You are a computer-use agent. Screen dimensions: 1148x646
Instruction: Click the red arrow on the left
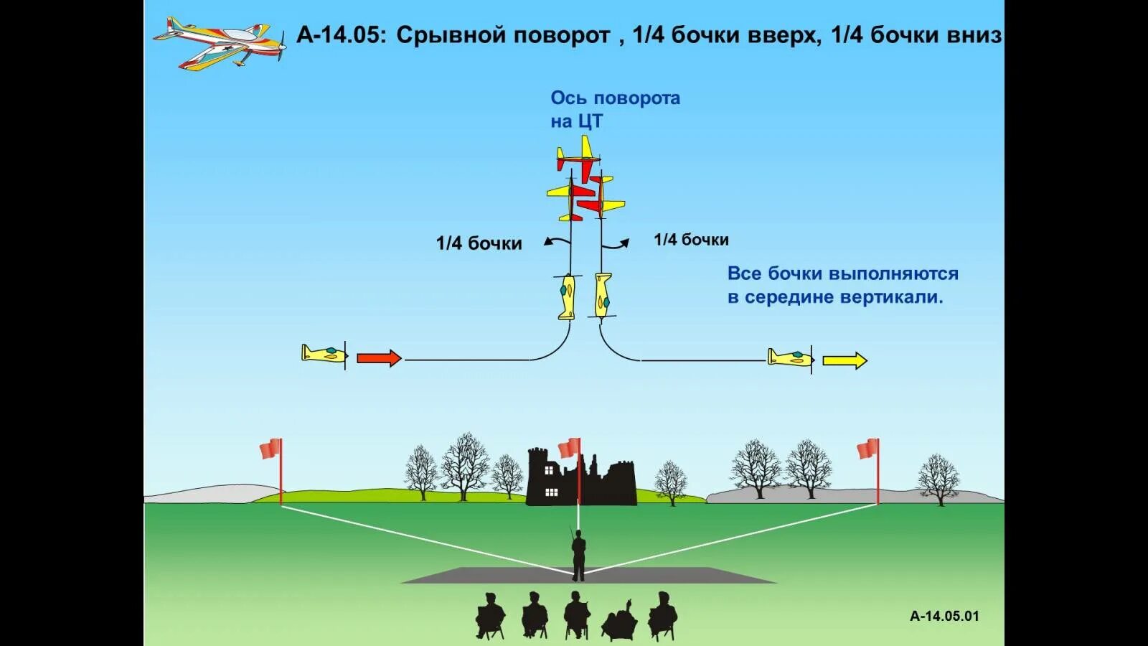(x=379, y=358)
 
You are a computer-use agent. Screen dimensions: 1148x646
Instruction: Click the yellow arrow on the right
(x=844, y=360)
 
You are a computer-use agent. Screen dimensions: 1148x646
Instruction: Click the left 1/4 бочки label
(x=479, y=243)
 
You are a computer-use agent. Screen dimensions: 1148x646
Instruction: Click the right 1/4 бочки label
(x=691, y=240)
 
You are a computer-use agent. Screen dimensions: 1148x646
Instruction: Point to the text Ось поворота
(x=615, y=98)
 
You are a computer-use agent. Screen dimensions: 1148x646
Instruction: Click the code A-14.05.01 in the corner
(x=944, y=616)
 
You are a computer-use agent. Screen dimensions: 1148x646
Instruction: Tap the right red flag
(x=868, y=449)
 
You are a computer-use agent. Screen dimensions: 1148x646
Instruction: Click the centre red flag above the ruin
(x=569, y=448)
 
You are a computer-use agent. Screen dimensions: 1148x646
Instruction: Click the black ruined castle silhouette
(x=581, y=477)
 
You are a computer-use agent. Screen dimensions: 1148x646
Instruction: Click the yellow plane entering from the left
(x=324, y=354)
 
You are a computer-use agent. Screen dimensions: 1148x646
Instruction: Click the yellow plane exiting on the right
(x=790, y=357)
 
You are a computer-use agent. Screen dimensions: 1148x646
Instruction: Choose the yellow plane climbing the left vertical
(x=567, y=296)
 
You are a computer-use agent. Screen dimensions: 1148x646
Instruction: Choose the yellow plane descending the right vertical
(x=603, y=294)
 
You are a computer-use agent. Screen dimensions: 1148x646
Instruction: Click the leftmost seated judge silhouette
(x=491, y=616)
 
